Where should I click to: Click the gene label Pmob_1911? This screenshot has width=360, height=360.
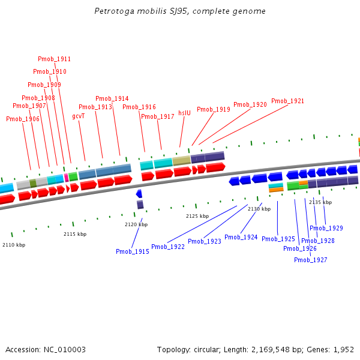pos(54,59)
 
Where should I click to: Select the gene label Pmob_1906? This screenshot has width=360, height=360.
pos(23,119)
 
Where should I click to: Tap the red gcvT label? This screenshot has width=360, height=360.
pos(79,116)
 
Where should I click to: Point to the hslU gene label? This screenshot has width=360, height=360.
pos(184,112)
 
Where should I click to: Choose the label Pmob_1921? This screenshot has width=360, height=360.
pos(287,101)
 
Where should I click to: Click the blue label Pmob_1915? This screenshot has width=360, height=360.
pos(133,251)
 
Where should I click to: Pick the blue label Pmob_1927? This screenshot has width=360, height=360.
pos(311,260)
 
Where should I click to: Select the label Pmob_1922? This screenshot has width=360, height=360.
pos(168,247)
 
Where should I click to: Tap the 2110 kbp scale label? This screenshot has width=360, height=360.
pos(14,245)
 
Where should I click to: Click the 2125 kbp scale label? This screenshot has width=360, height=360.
pos(197,216)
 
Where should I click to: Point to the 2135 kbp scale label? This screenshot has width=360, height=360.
pos(320,202)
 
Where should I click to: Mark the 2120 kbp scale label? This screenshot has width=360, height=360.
pos(136,224)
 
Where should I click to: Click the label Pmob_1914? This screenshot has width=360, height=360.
pos(112,98)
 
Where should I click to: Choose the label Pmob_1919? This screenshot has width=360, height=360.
pos(214,109)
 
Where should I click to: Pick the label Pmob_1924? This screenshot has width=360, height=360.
pos(241,237)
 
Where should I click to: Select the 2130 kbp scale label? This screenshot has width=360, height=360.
pos(259,209)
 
